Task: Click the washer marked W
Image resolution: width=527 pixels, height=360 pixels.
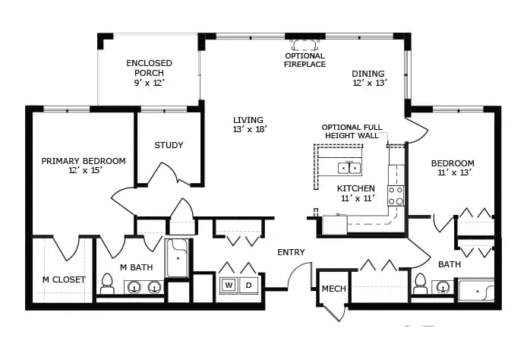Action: click(229, 286)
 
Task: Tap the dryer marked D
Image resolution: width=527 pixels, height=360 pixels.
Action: click(249, 286)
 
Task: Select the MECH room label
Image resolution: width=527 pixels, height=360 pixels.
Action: click(334, 289)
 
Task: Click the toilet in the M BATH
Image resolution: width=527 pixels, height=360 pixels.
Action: click(107, 284)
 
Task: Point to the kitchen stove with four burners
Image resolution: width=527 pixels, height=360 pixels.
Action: click(396, 196)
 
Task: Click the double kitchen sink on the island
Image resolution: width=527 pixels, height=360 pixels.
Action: click(349, 167)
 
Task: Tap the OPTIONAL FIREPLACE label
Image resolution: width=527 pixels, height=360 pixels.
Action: click(305, 60)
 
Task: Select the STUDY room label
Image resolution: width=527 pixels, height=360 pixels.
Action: click(169, 145)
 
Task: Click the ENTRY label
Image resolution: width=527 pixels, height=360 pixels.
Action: click(291, 252)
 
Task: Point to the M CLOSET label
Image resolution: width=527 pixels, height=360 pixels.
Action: click(64, 279)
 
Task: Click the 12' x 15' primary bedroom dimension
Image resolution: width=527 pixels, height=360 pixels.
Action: click(85, 170)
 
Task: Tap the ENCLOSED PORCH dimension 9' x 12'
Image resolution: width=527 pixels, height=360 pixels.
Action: click(149, 83)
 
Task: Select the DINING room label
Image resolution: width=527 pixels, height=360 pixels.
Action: click(368, 74)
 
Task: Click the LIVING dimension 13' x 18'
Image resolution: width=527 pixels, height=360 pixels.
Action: click(250, 129)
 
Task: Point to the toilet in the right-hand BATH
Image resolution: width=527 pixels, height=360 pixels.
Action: click(420, 284)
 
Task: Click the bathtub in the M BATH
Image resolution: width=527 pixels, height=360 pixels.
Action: click(178, 258)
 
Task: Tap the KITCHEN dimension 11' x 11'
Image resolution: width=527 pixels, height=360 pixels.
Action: click(358, 198)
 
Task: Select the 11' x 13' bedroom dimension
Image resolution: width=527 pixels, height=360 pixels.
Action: click(455, 172)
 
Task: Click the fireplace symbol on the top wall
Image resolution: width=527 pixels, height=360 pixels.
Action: click(305, 45)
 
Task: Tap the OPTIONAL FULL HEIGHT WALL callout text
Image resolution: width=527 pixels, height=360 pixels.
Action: click(352, 131)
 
